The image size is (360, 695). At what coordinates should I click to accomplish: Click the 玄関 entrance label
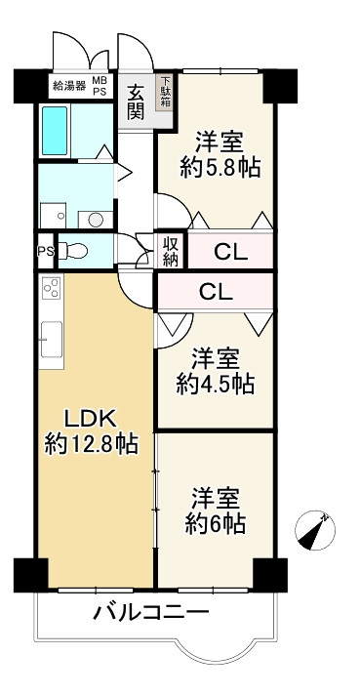[136, 102]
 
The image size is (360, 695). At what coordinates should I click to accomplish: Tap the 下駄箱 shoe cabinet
[166, 92]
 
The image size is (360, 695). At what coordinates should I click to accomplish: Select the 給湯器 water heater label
[69, 86]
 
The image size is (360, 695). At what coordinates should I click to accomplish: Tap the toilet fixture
[73, 251]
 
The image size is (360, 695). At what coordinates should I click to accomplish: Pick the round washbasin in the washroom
[95, 219]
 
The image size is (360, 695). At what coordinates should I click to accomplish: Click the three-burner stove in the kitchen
[51, 287]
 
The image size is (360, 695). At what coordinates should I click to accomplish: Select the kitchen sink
[52, 340]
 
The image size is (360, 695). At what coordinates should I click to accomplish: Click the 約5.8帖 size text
[220, 168]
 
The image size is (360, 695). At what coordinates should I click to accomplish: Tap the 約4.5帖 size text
[216, 384]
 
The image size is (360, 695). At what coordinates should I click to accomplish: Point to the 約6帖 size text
[216, 525]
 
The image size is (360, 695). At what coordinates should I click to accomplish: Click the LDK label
[91, 418]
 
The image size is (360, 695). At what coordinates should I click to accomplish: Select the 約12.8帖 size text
[92, 444]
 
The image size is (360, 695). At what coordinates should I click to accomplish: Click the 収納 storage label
[171, 252]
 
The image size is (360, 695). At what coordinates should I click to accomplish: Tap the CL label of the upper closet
[230, 253]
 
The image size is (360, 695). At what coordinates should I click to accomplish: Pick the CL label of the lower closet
[216, 292]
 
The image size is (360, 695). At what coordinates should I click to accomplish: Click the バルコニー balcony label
[151, 613]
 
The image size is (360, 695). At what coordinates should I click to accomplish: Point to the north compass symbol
[315, 531]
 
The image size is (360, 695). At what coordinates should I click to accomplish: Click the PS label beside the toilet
[46, 251]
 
